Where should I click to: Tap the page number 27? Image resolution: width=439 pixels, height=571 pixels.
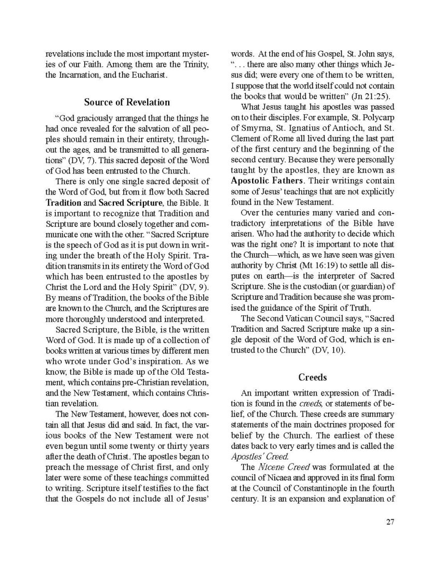click(390, 521)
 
